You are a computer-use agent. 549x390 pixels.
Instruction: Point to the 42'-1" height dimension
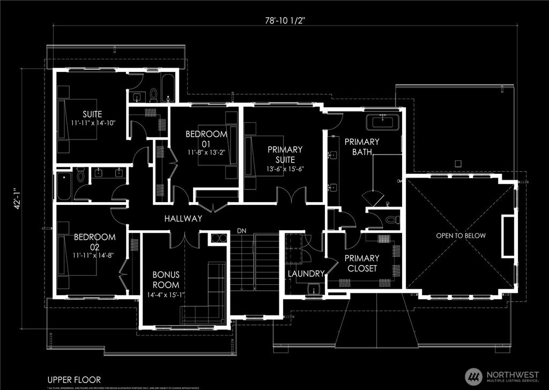tap(18, 198)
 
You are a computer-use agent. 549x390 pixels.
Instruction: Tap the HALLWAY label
tap(183, 219)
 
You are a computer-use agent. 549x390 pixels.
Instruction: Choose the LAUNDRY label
tap(306, 274)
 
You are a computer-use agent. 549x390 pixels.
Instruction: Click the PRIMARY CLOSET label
tap(362, 263)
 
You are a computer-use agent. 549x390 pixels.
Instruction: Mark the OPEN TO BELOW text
tap(461, 236)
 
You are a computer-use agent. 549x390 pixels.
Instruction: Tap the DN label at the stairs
tap(242, 231)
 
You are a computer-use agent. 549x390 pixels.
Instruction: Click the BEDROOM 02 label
tap(87, 241)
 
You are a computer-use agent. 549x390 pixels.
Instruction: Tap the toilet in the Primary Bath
tap(391, 219)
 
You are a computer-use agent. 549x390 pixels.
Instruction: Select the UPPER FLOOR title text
tap(73, 379)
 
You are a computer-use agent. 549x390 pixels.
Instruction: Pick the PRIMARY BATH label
tap(361, 147)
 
